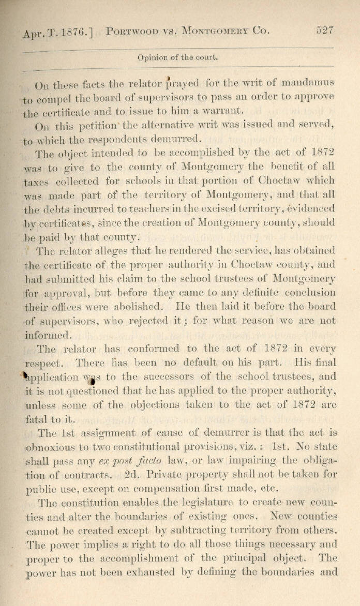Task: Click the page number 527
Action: coord(325,31)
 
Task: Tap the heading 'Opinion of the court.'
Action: coord(177,57)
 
